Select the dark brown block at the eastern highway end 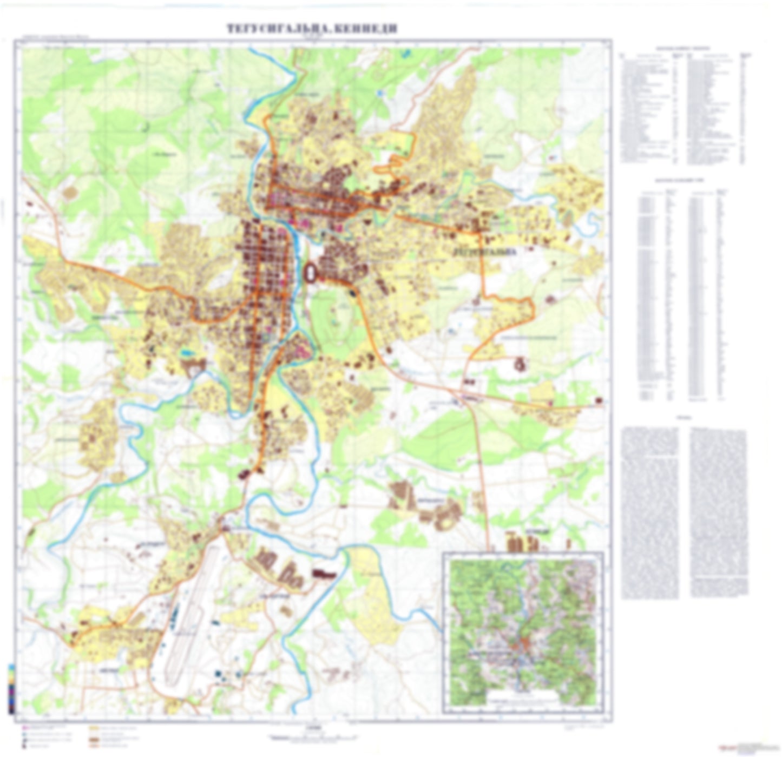coord(599,400)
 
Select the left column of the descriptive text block coord(649,511)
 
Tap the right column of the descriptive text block coord(718,511)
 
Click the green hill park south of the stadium coord(331,319)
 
